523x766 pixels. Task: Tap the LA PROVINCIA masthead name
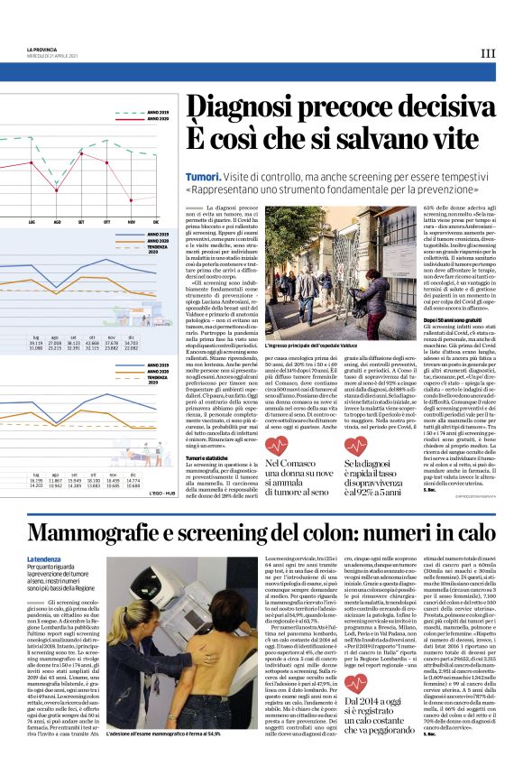tap(43, 49)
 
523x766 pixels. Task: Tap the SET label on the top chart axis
tap(81, 221)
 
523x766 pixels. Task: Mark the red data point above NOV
tap(132, 195)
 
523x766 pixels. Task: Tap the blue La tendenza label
tap(43, 559)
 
